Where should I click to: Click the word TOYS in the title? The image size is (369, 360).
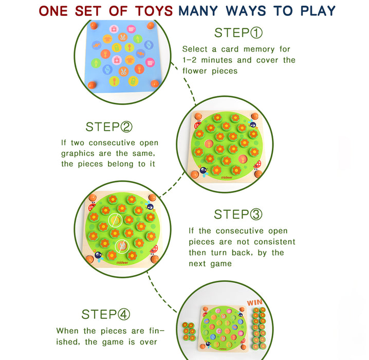pos(154,11)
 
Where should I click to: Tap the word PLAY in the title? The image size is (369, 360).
pos(318,11)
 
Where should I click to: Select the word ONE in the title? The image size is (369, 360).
pos(53,11)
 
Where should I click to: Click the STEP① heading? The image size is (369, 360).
pos(238,33)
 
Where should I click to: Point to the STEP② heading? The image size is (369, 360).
pos(109,127)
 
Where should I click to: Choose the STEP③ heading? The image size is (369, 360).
pos(238,214)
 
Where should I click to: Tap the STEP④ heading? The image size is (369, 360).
pos(106,314)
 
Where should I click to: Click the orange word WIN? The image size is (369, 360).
pos(254,302)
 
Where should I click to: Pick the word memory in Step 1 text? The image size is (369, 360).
pos(259,49)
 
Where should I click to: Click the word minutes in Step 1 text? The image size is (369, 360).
pos(216,60)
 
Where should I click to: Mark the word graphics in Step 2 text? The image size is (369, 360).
pos(78,154)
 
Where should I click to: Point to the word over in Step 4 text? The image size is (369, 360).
pos(148,342)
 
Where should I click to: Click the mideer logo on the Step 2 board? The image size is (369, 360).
pos(227,177)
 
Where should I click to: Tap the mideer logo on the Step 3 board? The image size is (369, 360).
pos(122,262)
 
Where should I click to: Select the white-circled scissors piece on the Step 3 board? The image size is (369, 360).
pos(122,246)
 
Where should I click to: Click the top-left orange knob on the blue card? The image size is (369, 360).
pos(94,25)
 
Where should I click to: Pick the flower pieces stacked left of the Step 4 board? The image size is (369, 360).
pos(189,332)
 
